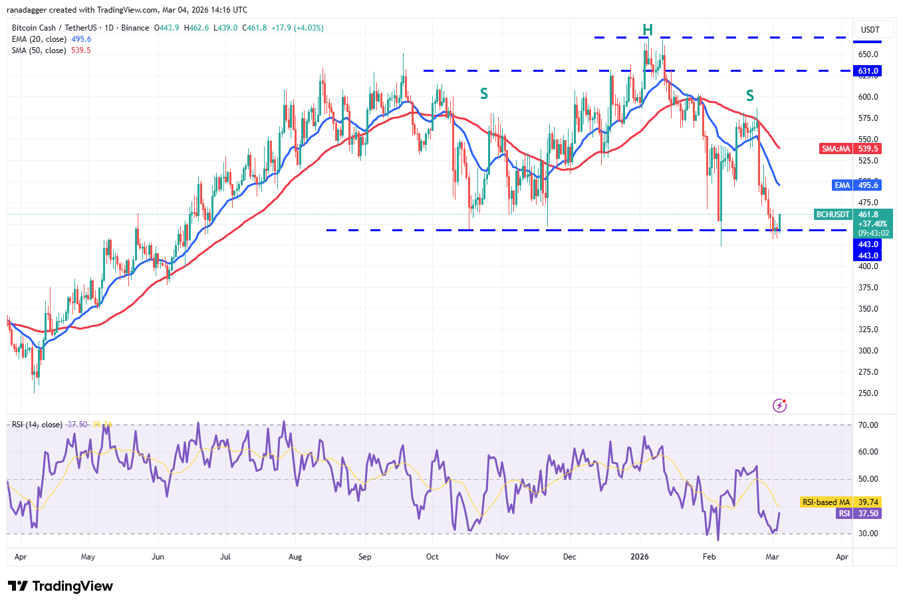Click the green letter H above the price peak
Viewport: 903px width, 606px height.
648,30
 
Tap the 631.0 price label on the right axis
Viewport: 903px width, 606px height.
868,71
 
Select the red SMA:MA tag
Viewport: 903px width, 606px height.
836,149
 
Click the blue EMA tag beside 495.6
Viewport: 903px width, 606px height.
842,185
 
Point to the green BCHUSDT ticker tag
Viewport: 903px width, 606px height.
833,215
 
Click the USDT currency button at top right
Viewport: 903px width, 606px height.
870,30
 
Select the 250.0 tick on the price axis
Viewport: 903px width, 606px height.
868,393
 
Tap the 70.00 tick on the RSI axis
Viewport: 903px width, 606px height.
868,425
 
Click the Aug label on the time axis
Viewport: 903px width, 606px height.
295,557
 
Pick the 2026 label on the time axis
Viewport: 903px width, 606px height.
639,557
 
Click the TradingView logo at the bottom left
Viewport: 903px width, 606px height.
61,586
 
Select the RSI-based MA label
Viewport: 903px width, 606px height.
826,502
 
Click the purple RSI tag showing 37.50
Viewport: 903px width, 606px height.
844,514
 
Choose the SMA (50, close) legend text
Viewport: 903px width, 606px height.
39,50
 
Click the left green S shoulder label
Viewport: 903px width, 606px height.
484,94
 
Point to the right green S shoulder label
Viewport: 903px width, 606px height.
750,96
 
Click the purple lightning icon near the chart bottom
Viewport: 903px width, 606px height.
780,405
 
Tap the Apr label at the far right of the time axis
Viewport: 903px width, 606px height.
842,557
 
